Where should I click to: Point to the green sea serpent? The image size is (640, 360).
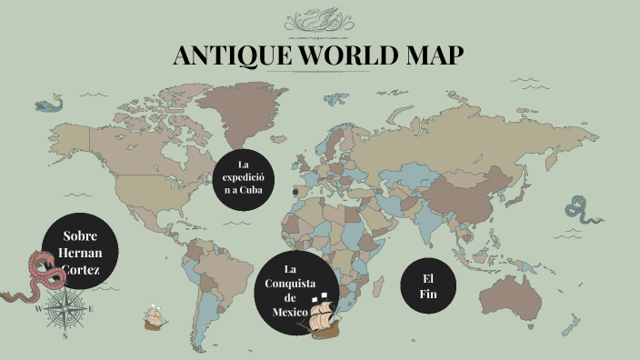580,210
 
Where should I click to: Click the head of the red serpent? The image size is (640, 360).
36,261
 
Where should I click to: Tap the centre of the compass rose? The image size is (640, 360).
64,310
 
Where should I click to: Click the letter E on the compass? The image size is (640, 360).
90,310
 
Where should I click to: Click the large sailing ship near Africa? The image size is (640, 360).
323,315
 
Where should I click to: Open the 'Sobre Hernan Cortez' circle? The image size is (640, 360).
80,252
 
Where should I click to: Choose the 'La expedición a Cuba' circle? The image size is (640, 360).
243,176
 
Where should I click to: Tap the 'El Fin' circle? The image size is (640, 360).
428,285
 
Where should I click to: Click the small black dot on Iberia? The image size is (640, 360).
295,192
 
